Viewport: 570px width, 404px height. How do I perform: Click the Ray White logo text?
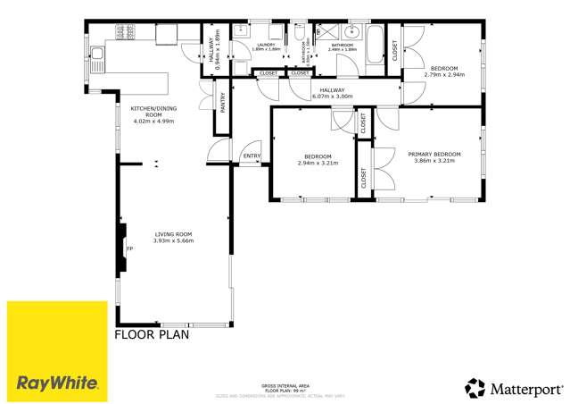click(57, 383)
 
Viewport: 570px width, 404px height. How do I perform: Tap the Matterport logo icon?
click(475, 388)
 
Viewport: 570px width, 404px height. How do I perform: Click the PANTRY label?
click(223, 103)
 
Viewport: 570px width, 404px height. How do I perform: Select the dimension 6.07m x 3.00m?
click(332, 97)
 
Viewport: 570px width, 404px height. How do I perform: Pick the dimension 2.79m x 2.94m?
click(444, 75)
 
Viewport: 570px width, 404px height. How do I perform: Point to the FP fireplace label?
click(128, 248)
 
